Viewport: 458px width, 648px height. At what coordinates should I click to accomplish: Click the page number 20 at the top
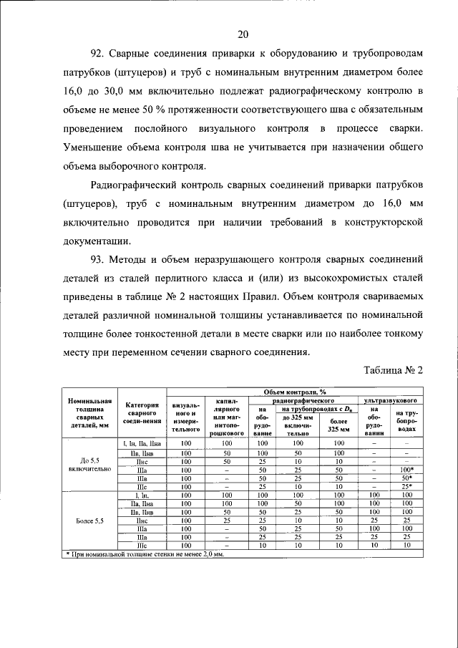pyautogui.click(x=243, y=34)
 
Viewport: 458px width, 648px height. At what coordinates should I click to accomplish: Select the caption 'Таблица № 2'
pyautogui.click(x=394, y=370)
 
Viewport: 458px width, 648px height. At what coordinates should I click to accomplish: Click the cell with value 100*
pyautogui.click(x=406, y=469)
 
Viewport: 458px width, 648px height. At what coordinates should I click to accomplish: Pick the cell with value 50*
pyautogui.click(x=406, y=478)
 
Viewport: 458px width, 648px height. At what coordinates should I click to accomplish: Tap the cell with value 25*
pyautogui.click(x=406, y=486)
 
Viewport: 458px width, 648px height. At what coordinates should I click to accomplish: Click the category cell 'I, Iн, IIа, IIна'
pyautogui.click(x=141, y=443)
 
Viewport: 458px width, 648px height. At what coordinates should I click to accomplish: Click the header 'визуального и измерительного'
pyautogui.click(x=185, y=417)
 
